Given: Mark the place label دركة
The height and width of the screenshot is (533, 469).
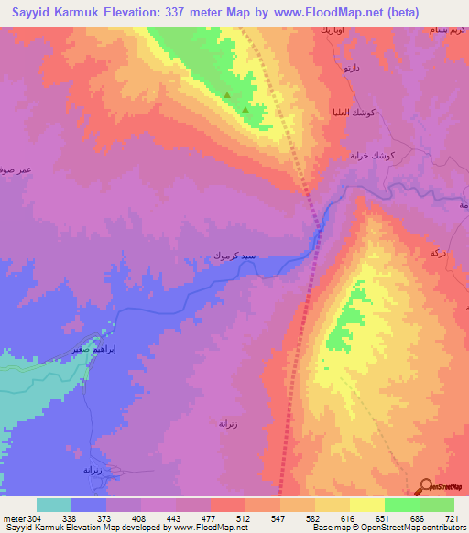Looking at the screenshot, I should tap(439, 251).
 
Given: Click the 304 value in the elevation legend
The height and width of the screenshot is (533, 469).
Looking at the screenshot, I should tap(35, 517).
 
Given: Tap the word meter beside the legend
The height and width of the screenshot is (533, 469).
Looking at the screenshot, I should tap(13, 517).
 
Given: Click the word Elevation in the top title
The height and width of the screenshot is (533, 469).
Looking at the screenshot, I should tap(135, 12).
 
